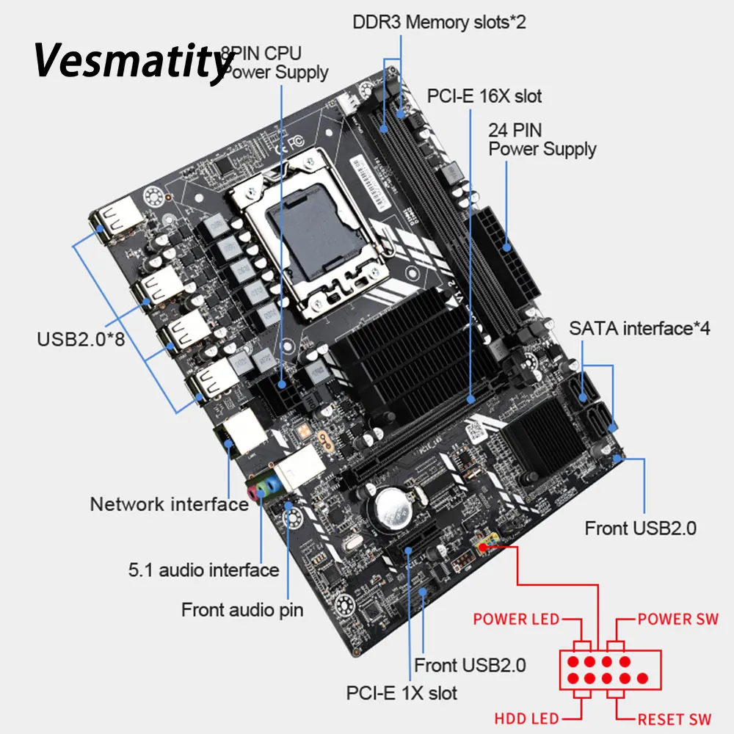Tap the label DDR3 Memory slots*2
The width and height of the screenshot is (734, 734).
click(x=439, y=21)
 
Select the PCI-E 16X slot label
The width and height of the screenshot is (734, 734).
click(x=484, y=96)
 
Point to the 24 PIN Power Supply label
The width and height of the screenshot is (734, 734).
click(x=542, y=139)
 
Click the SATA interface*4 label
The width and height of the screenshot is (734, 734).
click(x=639, y=327)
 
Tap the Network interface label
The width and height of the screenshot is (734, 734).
click(x=169, y=504)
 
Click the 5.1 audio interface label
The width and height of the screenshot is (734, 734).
click(x=203, y=570)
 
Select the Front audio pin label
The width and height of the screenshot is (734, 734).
click(x=242, y=609)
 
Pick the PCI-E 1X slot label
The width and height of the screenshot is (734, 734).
click(x=401, y=692)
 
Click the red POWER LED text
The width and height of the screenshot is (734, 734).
click(x=516, y=619)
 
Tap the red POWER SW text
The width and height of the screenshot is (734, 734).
click(x=677, y=619)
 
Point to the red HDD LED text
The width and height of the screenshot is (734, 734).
click(x=526, y=719)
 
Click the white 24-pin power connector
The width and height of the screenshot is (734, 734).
click(x=499, y=253)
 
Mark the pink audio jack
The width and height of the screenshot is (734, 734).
click(x=254, y=491)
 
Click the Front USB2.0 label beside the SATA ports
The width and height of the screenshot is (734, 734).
click(x=640, y=528)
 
